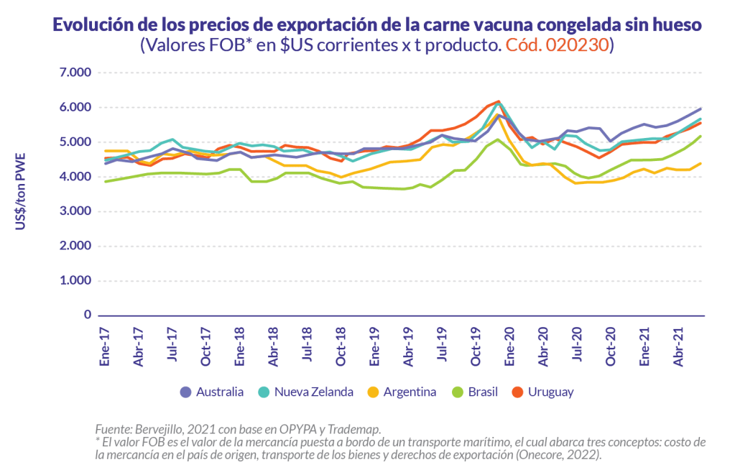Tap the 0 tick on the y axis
tap(88, 315)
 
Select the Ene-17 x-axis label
tap(106, 346)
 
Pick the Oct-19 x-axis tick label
tap(476, 346)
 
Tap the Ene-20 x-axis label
tap(509, 346)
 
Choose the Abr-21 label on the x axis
tap(678, 346)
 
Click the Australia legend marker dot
tap(185, 392)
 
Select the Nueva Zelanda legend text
tap(314, 392)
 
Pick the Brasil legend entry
tap(482, 392)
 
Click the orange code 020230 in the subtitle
tap(558, 45)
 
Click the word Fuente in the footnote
tap(112, 429)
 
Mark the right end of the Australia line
tap(701, 109)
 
